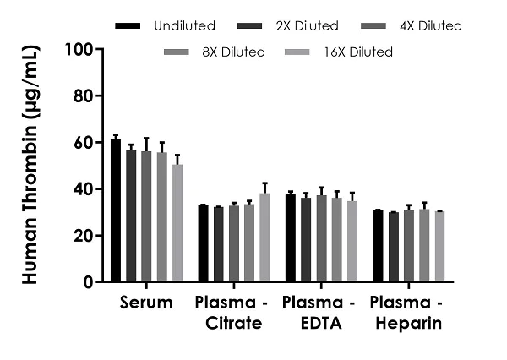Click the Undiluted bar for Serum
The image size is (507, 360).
(x=116, y=210)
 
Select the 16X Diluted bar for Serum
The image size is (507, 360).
(x=177, y=223)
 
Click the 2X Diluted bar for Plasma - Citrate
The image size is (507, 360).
(x=219, y=244)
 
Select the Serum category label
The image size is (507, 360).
(x=146, y=303)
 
